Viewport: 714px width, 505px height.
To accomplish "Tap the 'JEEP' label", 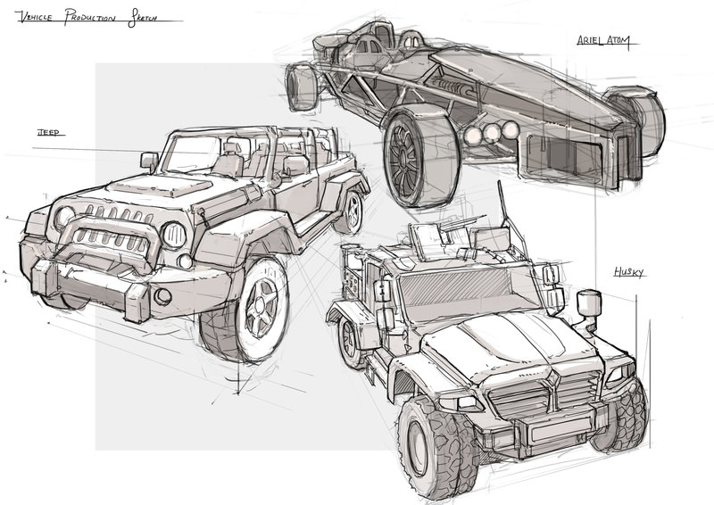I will point(47,132).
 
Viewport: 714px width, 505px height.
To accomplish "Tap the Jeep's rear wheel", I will point(353,211).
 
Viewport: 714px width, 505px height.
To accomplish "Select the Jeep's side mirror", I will point(149,161).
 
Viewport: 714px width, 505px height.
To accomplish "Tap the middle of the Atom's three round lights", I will point(489,133).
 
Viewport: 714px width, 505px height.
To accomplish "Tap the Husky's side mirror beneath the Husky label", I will point(588,306).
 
